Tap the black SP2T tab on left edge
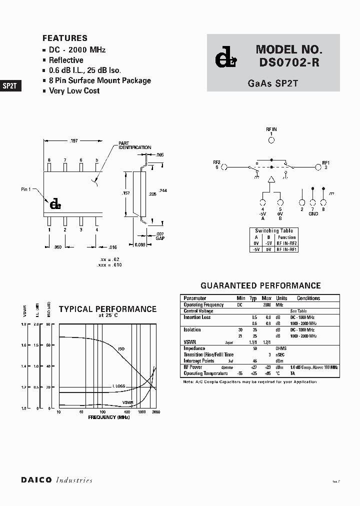pyautogui.click(x=10, y=85)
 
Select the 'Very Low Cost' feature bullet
pyautogui.click(x=74, y=91)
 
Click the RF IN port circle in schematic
pyautogui.click(x=271, y=140)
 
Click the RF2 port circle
pyautogui.click(x=224, y=167)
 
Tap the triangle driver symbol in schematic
pyautogui.click(x=271, y=179)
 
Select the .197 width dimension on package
pyautogui.click(x=72, y=141)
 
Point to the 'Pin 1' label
pyautogui.click(x=26, y=189)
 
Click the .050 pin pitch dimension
pyautogui.click(x=57, y=247)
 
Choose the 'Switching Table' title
pyautogui.click(x=274, y=231)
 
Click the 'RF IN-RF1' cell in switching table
pyautogui.click(x=287, y=249)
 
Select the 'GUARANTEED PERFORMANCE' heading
pyautogui.click(x=260, y=286)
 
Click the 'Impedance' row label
pyautogui.click(x=194, y=348)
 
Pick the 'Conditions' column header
pyautogui.click(x=308, y=298)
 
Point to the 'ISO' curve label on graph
pyautogui.click(x=121, y=348)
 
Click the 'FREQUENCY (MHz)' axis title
pyautogui.click(x=108, y=416)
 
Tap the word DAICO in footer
pyautogui.click(x=36, y=480)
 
